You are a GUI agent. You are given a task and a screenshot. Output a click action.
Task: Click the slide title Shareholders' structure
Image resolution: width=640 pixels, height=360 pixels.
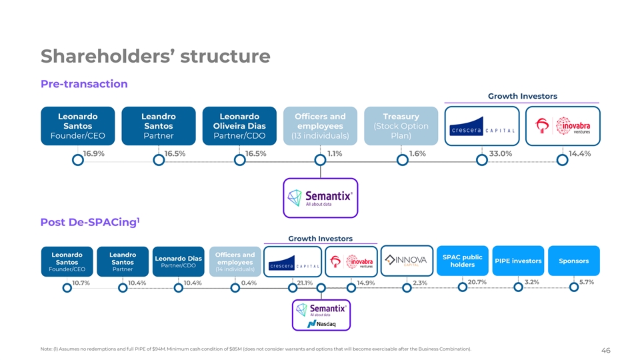point(155,55)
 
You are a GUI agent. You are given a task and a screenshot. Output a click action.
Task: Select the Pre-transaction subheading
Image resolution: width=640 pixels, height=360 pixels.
point(84,84)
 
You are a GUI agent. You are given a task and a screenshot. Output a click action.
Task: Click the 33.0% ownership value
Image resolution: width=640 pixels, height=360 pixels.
point(501,154)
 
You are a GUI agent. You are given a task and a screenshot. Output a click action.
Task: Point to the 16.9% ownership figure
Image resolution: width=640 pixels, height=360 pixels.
point(93,154)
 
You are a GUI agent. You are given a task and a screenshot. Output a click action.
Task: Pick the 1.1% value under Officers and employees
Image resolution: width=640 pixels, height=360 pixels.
point(335,154)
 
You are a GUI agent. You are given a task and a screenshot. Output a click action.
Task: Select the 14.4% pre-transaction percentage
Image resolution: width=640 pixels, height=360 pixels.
point(579,154)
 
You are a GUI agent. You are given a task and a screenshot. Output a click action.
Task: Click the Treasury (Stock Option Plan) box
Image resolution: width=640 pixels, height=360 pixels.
point(401,126)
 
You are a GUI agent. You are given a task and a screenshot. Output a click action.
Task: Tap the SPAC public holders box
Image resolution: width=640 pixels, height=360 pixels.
point(462,261)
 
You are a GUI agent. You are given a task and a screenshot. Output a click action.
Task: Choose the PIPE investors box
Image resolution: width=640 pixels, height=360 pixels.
point(517,261)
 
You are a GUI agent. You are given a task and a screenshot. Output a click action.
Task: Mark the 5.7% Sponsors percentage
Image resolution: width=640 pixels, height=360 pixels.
point(587,283)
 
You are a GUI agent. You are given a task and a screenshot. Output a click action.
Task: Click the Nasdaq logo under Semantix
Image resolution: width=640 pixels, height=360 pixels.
point(321,324)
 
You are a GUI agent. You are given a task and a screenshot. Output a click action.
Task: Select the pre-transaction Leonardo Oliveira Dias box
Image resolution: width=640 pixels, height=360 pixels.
point(239,126)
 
